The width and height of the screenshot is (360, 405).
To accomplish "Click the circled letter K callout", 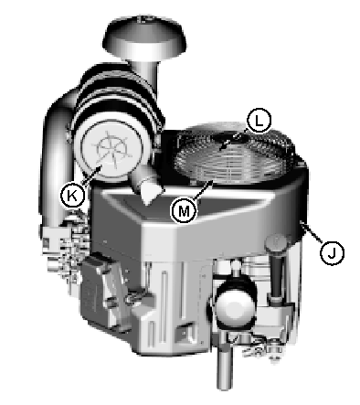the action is (x=72, y=196).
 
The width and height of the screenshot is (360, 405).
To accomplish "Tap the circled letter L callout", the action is (x=259, y=121).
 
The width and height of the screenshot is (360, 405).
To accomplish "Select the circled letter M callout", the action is (x=184, y=210).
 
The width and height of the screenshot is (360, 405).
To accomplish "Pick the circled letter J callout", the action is (x=332, y=252).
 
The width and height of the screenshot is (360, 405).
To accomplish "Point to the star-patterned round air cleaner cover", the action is (x=112, y=151).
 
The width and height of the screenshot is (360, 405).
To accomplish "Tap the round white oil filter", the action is (x=235, y=304).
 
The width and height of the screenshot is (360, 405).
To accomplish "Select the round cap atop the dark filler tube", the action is (x=277, y=241).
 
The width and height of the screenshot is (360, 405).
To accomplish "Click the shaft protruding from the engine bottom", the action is (x=225, y=362).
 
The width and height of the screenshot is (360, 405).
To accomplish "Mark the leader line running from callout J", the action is (x=312, y=232).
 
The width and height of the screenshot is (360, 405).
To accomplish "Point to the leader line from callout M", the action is (x=203, y=190).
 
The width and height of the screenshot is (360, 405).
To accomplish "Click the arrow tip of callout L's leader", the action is (x=220, y=149).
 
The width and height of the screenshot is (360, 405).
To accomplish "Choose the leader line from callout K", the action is (x=92, y=176).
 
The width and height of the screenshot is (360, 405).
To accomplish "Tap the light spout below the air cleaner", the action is (x=148, y=188).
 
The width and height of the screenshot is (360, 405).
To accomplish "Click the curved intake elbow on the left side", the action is (x=58, y=158).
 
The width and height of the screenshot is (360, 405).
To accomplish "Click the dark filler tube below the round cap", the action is (x=277, y=272).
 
